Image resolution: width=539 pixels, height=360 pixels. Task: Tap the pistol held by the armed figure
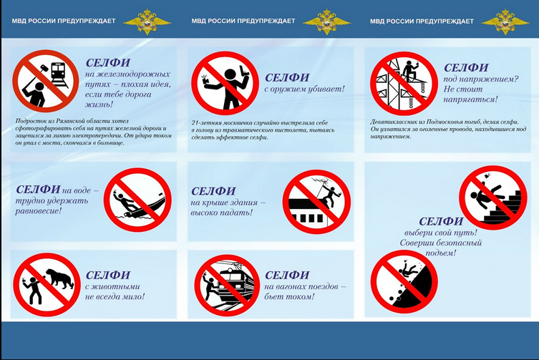point(244,69)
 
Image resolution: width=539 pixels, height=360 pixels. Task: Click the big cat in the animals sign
point(60,278)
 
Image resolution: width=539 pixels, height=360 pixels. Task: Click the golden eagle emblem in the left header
point(147,21)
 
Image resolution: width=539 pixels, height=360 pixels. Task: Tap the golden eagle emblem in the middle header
point(327,21)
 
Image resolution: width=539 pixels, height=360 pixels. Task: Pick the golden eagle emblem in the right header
point(505,21)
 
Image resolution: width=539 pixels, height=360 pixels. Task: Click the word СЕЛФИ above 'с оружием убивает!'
point(287,78)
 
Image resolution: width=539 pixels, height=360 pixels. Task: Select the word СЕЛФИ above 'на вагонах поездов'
point(287,275)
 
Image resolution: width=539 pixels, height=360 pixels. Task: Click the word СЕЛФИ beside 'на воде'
point(38,190)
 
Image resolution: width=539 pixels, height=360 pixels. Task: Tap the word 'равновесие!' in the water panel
point(38,210)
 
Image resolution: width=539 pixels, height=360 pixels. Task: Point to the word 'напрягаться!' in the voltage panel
point(470,99)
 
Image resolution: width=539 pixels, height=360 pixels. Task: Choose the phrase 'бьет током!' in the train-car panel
point(289,296)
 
